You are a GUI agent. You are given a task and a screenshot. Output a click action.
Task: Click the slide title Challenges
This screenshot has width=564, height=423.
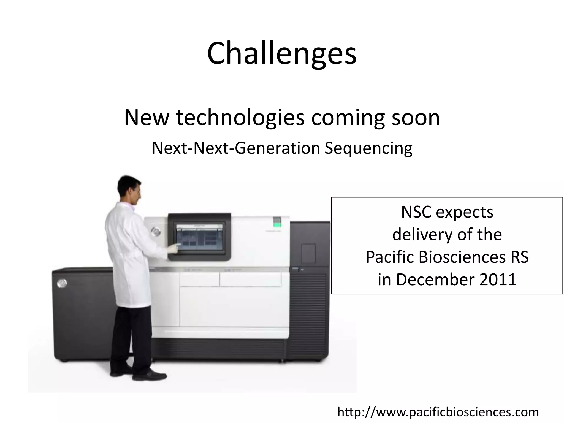pyautogui.click(x=282, y=54)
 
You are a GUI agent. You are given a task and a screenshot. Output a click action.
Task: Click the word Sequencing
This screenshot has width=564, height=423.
pyautogui.click(x=368, y=148)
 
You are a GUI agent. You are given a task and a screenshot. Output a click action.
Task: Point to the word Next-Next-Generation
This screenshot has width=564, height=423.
pyautogui.click(x=236, y=148)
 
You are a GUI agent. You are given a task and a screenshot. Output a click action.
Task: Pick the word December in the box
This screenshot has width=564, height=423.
pyautogui.click(x=435, y=280)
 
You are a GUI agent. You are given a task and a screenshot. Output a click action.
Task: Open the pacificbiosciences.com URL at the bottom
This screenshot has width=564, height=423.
pyautogui.click(x=438, y=412)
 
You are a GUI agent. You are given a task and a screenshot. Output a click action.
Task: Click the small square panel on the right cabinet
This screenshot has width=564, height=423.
pyautogui.click(x=308, y=253)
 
